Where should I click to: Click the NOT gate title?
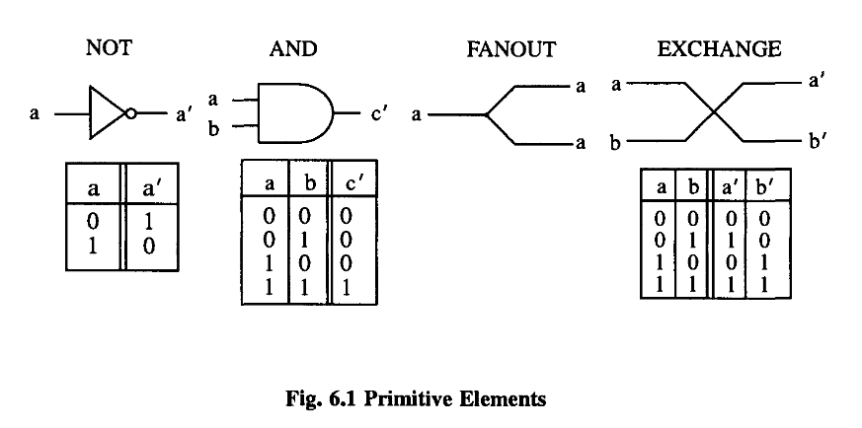tap(109, 48)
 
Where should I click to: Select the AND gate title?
tap(293, 48)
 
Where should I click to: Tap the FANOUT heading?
tap(511, 48)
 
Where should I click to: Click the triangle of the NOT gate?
tap(104, 114)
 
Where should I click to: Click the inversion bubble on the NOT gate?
tap(130, 114)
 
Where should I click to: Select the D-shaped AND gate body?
tap(296, 112)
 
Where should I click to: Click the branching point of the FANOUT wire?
tap(486, 115)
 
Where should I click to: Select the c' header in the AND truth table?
tap(349, 184)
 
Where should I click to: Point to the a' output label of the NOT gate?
tap(184, 115)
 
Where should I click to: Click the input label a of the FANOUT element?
tap(418, 115)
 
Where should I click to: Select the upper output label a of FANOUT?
tap(582, 87)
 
